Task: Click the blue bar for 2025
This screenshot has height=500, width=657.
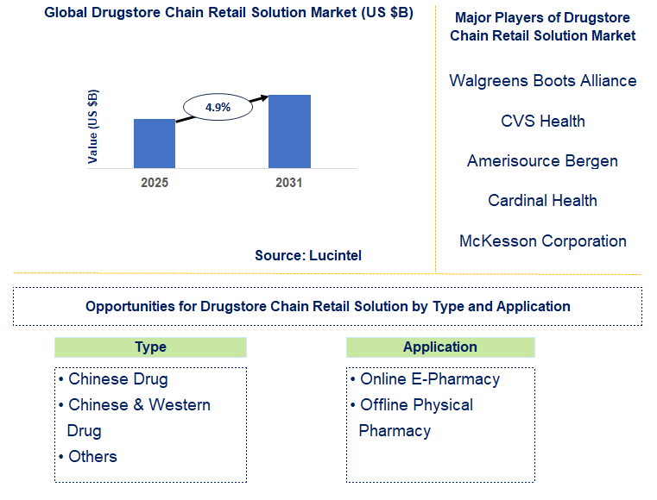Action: point(155,143)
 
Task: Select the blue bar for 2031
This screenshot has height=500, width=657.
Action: point(289,131)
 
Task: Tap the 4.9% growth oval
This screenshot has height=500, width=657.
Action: point(218,108)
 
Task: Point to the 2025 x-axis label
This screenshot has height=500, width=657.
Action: point(155,183)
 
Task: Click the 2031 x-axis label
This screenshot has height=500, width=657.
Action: point(289,183)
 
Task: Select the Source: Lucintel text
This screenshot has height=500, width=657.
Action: point(308,255)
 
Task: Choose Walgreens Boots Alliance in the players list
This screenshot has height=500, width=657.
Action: point(542,80)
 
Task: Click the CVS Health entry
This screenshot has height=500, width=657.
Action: point(542,121)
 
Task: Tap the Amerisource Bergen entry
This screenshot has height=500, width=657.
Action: point(542,160)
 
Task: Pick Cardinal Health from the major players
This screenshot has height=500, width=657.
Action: point(542,200)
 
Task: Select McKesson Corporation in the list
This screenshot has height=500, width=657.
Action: point(542,241)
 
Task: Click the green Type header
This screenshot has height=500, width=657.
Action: point(150,347)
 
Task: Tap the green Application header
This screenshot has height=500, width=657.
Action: point(440,347)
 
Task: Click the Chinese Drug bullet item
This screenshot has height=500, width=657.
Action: point(113,379)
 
